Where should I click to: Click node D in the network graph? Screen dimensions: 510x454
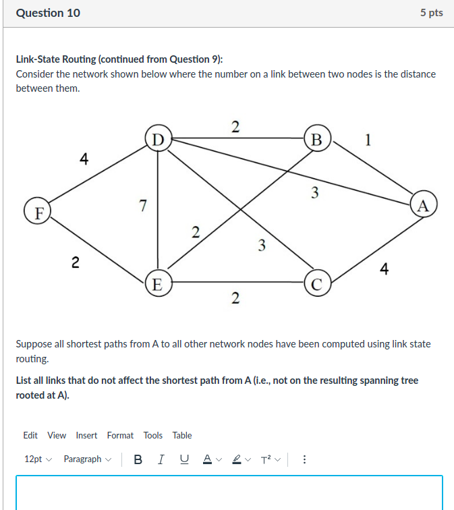pos(157,140)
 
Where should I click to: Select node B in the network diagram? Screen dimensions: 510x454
pos(316,140)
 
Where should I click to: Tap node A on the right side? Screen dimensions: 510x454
pos(423,205)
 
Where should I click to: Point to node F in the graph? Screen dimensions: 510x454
pos(38,212)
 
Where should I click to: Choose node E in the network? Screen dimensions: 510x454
pos(157,283)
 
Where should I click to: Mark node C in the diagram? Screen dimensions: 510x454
pos(316,283)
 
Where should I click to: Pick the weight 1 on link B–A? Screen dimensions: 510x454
pos(367,140)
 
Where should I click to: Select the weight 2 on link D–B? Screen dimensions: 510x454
pos(235,126)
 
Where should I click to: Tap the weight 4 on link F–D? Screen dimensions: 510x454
pos(84,159)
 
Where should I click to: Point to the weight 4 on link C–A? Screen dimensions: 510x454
pos(384,270)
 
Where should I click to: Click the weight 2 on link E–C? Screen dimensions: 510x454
pos(235,297)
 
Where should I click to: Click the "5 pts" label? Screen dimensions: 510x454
pos(431,13)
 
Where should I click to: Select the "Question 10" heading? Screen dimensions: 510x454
pos(48,13)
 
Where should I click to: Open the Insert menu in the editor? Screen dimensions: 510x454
pos(86,435)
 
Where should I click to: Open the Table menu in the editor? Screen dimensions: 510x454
pos(181,435)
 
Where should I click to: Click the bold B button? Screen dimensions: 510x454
pos(138,459)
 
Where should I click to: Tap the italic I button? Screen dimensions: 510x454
pos(160,459)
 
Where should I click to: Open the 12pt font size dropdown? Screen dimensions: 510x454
pos(38,459)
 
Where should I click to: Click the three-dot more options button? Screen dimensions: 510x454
pos(304,459)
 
